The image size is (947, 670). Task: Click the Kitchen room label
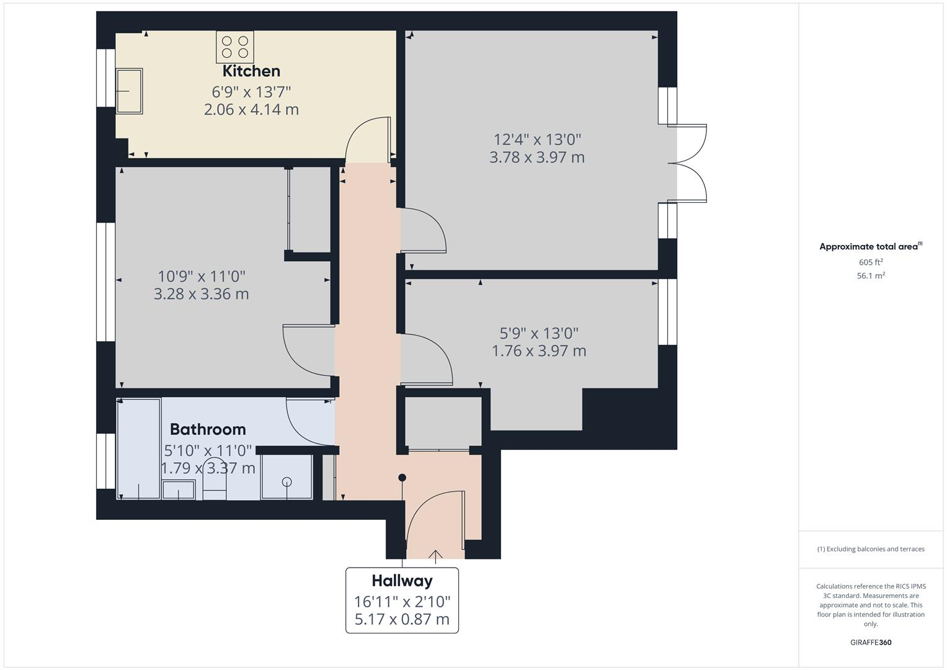click(251, 71)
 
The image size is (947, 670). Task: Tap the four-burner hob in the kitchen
click(235, 47)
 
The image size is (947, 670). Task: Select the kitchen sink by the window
click(129, 91)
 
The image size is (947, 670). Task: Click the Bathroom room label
click(208, 429)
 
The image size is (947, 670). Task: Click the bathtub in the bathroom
click(139, 448)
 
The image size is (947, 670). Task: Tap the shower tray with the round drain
click(287, 476)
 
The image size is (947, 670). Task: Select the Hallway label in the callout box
click(402, 581)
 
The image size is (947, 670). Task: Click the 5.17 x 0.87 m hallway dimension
click(402, 619)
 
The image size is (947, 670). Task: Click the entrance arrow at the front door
click(435, 556)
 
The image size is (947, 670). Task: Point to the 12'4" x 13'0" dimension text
click(537, 140)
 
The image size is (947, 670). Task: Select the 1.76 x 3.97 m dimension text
click(538, 351)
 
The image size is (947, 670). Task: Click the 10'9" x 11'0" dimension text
click(202, 276)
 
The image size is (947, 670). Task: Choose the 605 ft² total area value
click(871, 262)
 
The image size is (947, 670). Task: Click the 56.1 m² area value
click(871, 276)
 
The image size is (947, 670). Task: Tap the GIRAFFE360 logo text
click(871, 642)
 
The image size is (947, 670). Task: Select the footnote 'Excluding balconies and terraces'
click(871, 549)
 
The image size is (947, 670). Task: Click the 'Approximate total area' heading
click(869, 247)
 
